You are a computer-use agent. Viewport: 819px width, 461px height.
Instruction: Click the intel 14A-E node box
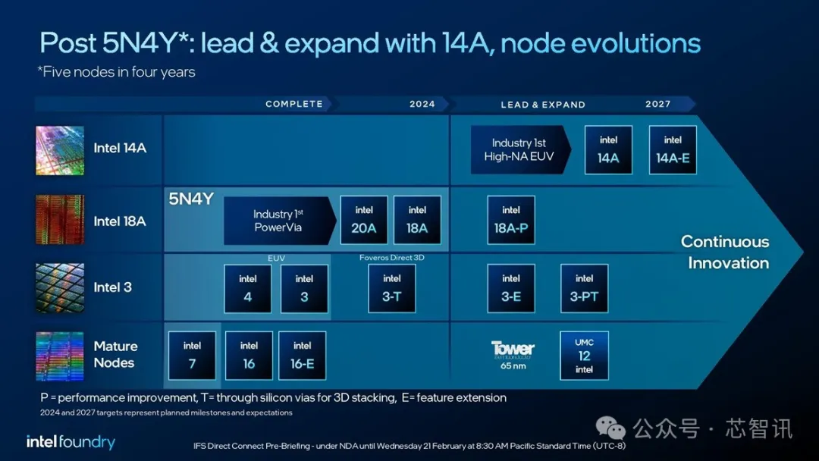pyautogui.click(x=673, y=150)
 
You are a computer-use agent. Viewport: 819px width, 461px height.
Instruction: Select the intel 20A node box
pyautogui.click(x=364, y=220)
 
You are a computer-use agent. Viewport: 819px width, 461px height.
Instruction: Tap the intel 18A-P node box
pyautogui.click(x=511, y=220)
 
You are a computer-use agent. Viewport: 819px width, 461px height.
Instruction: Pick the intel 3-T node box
pyautogui.click(x=392, y=288)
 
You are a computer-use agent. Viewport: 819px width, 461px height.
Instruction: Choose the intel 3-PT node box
pyautogui.click(x=585, y=288)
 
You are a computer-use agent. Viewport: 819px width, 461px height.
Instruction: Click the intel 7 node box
pyautogui.click(x=192, y=356)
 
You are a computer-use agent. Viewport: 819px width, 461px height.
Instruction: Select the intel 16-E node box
pyautogui.click(x=303, y=356)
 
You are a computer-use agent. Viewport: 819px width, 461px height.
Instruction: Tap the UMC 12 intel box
pyautogui.click(x=585, y=356)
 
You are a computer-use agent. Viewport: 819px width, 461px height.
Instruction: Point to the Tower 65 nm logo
pyautogui.click(x=513, y=355)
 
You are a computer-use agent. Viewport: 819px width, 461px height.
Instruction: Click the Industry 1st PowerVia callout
pyautogui.click(x=280, y=221)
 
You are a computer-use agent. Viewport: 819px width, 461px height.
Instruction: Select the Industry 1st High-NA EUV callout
pyautogui.click(x=521, y=150)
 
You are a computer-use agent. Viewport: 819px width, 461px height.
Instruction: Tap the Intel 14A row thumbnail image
pyautogui.click(x=60, y=150)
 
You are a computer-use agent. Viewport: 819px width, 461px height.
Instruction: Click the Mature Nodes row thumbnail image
pyautogui.click(x=60, y=356)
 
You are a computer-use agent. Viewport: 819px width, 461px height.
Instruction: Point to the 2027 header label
pyautogui.click(x=658, y=104)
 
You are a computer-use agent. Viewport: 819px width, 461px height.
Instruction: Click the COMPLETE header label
pyautogui.click(x=294, y=104)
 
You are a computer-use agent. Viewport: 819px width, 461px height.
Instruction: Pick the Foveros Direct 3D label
pyautogui.click(x=392, y=257)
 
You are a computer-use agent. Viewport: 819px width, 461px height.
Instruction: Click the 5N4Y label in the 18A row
pyautogui.click(x=191, y=199)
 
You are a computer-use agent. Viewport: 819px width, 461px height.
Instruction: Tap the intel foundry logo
pyautogui.click(x=71, y=442)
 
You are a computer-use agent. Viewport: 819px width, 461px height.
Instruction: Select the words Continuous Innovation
pyautogui.click(x=726, y=252)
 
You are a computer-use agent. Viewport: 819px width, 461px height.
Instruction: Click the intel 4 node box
pyautogui.click(x=247, y=288)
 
